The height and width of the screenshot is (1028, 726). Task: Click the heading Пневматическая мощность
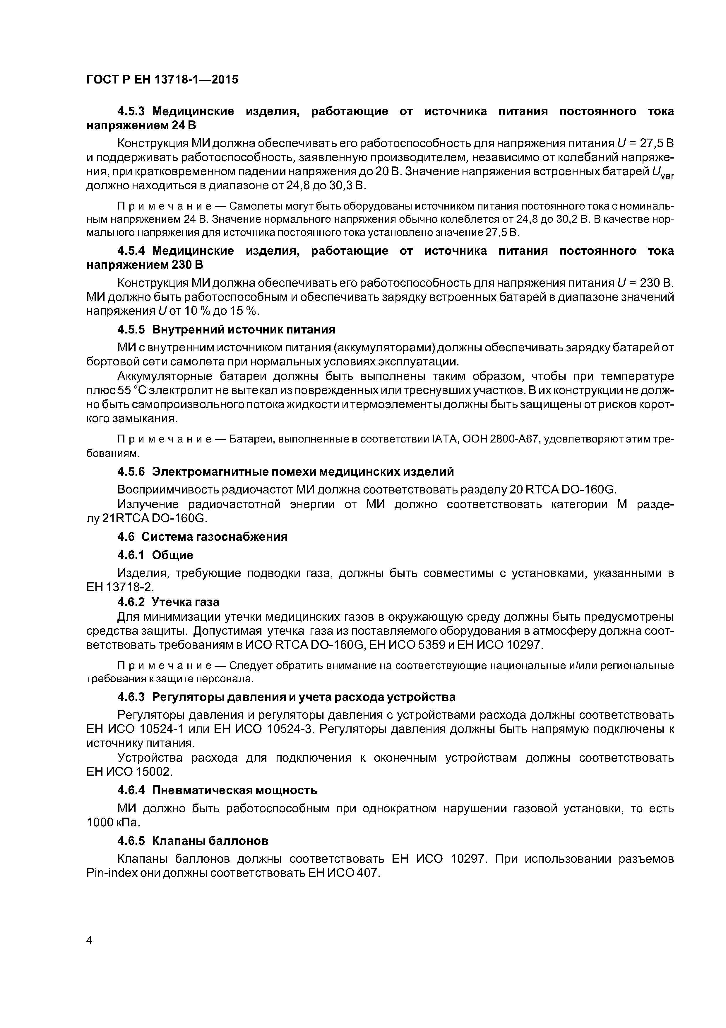234,790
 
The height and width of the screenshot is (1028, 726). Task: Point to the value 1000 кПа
113,823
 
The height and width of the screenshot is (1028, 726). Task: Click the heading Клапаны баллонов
210,841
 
